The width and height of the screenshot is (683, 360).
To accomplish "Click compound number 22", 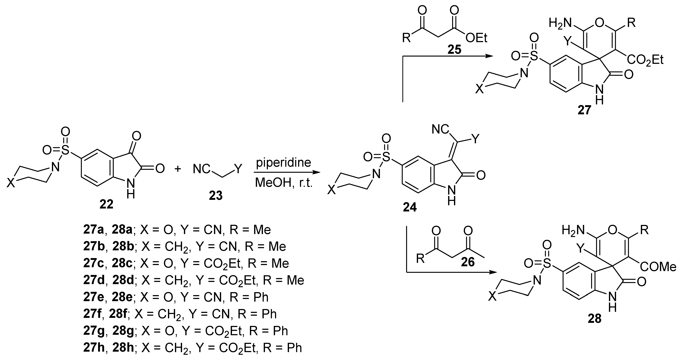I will pyautogui.click(x=106, y=204).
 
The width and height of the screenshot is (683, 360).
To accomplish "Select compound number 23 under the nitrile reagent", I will pyautogui.click(x=216, y=196).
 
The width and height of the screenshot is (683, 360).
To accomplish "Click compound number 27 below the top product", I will pyautogui.click(x=584, y=110).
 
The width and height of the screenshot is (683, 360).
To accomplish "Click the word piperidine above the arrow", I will pyautogui.click(x=283, y=162).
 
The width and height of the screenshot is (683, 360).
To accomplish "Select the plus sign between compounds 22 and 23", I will pyautogui.click(x=178, y=169).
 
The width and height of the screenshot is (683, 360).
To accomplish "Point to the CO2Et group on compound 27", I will pyautogui.click(x=645, y=60).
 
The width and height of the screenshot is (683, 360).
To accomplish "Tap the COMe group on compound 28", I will pyautogui.click(x=658, y=267).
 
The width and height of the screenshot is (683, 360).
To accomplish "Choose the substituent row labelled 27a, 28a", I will pyautogui.click(x=177, y=230).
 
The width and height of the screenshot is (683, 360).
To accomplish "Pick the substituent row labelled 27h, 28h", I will pyautogui.click(x=192, y=348).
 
